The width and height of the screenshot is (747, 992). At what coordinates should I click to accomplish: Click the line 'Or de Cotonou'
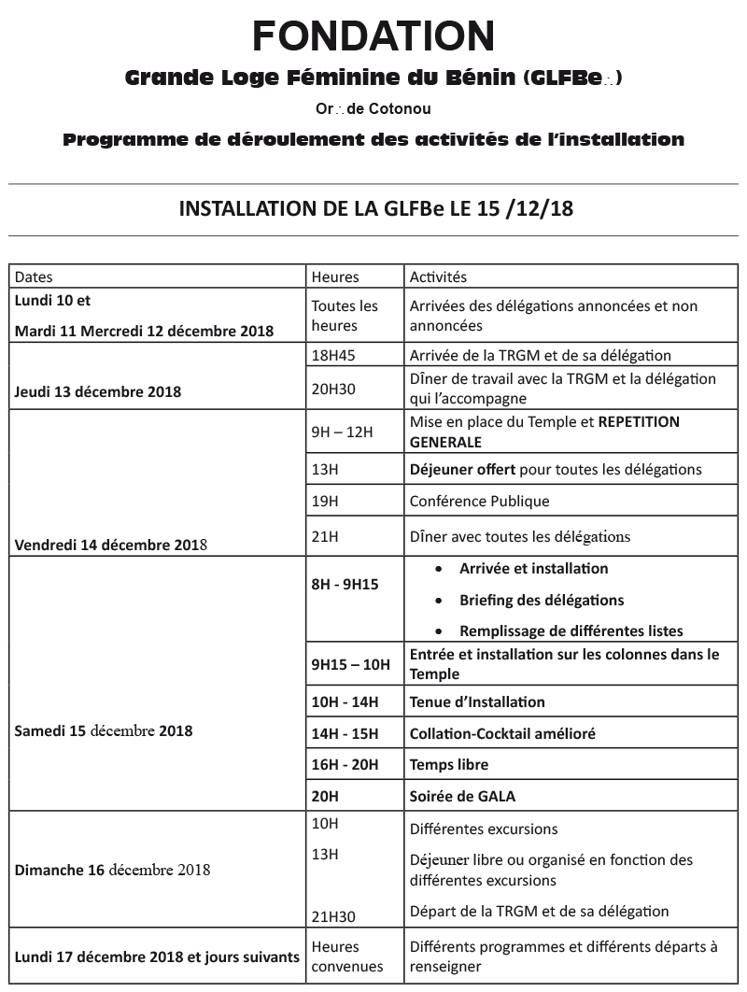(373, 109)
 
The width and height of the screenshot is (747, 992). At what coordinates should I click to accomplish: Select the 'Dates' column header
(35, 277)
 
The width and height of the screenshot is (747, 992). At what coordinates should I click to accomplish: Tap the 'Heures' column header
(335, 277)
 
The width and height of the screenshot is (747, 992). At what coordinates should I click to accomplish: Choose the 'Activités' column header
(438, 277)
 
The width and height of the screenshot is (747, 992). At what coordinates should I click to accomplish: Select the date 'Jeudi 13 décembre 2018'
(98, 392)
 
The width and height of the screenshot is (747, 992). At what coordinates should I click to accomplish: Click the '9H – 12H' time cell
(342, 432)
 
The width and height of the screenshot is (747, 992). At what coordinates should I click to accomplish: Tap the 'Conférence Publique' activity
(479, 501)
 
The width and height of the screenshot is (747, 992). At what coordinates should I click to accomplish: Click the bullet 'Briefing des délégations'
(542, 600)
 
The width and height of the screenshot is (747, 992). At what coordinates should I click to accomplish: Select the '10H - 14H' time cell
(345, 702)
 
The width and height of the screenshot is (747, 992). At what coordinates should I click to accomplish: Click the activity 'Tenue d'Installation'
(477, 702)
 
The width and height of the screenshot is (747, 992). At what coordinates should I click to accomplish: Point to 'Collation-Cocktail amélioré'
(502, 734)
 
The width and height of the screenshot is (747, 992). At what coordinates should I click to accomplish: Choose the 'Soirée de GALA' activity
(462, 797)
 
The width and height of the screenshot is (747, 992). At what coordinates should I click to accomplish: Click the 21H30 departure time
(333, 916)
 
